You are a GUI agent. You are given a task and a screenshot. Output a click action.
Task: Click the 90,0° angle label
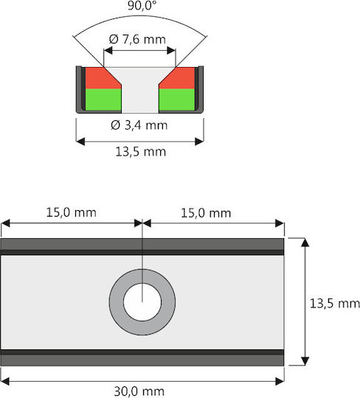(142, 6)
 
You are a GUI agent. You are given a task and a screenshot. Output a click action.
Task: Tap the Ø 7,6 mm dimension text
(137, 39)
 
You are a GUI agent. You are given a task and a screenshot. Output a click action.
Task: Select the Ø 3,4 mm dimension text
(139, 125)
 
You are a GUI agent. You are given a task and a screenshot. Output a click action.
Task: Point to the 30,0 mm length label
(139, 391)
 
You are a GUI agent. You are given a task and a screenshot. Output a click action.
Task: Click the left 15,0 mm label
(71, 212)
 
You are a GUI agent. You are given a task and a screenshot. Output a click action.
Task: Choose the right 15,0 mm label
(206, 213)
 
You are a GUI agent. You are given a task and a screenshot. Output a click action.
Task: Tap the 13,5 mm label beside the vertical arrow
(335, 304)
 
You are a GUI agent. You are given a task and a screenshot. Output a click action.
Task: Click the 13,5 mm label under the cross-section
(140, 152)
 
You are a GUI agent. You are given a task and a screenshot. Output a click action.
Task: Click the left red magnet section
(100, 78)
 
